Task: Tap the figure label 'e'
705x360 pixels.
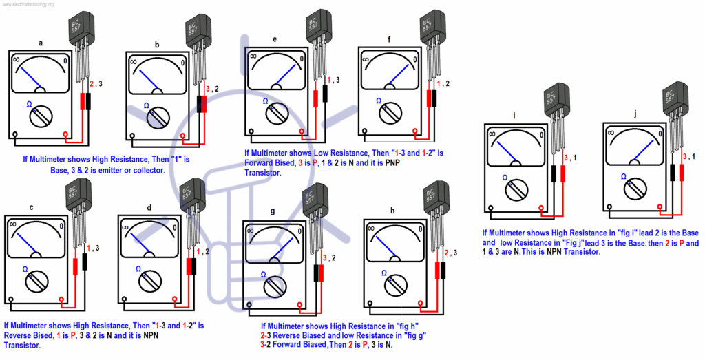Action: [274, 40]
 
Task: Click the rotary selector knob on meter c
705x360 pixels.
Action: [39, 279]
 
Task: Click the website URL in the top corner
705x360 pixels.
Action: [34, 4]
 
